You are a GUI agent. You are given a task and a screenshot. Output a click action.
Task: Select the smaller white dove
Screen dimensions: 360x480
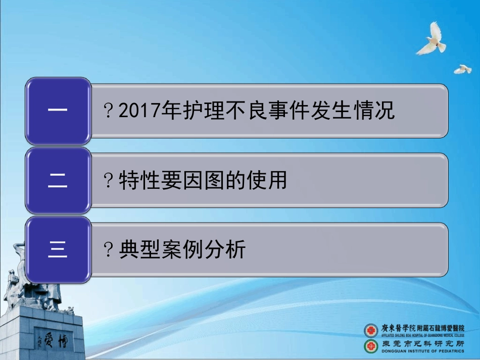click(x=462, y=69)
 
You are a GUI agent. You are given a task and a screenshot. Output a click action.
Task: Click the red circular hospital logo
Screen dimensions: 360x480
click(x=371, y=330)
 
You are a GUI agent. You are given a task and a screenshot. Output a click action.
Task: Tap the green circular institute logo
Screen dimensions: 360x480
click(x=371, y=346)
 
